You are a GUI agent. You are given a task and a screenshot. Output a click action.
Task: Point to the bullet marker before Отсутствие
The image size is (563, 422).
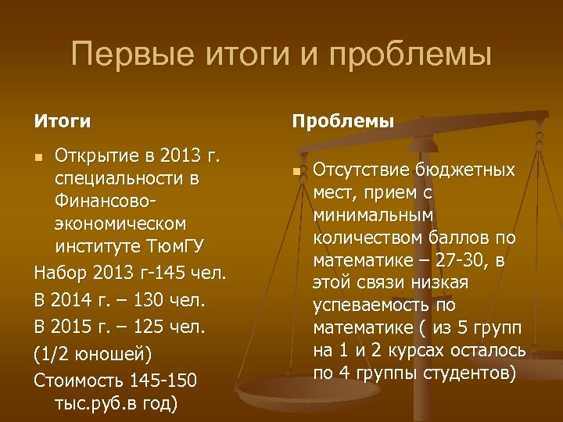pos(296,172)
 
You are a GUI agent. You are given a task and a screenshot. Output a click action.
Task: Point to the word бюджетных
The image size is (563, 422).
pos(465,171)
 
